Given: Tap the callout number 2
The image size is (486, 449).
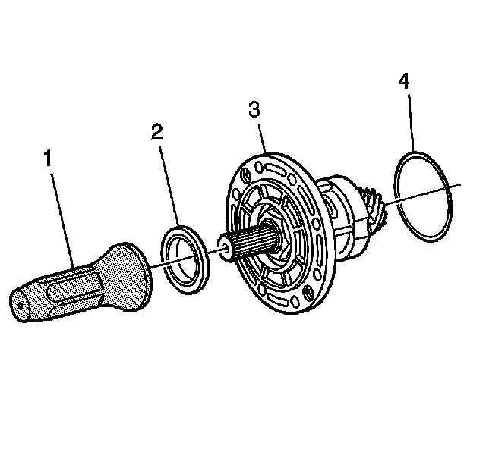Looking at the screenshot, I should (x=156, y=132).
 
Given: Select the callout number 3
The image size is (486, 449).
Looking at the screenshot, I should (x=254, y=109).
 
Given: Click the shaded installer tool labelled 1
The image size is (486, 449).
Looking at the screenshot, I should (x=84, y=281).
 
